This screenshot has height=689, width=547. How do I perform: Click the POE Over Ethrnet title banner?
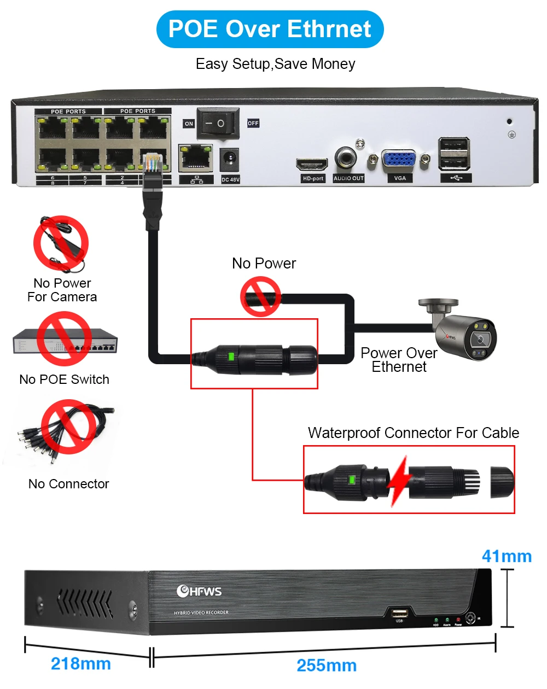pyautogui.click(x=270, y=29)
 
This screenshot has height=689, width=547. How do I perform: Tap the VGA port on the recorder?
pyautogui.click(x=399, y=160)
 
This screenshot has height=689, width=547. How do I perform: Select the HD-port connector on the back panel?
pyautogui.click(x=311, y=164)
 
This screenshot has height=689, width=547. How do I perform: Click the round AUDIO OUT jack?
pyautogui.click(x=346, y=158)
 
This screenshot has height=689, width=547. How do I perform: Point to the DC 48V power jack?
pyautogui.click(x=230, y=160)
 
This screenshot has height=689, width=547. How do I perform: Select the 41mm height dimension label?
pyautogui.click(x=507, y=556)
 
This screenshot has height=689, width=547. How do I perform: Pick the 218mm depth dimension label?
pyautogui.click(x=81, y=664)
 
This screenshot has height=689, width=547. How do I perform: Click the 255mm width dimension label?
pyautogui.click(x=327, y=665)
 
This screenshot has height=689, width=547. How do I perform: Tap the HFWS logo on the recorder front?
pyautogui.click(x=199, y=591)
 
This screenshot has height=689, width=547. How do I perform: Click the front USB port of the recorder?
pyautogui.click(x=399, y=612)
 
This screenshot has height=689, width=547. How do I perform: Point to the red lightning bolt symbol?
pyautogui.click(x=398, y=481)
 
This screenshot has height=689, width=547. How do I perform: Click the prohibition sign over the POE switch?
pyautogui.click(x=64, y=339)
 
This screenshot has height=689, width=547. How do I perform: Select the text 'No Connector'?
pyautogui.click(x=68, y=484)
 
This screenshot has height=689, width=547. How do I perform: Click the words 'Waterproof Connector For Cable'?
pyautogui.click(x=413, y=433)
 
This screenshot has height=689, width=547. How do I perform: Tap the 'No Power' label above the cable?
pyautogui.click(x=264, y=264)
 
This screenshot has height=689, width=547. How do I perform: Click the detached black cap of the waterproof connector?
pyautogui.click(x=502, y=481)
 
